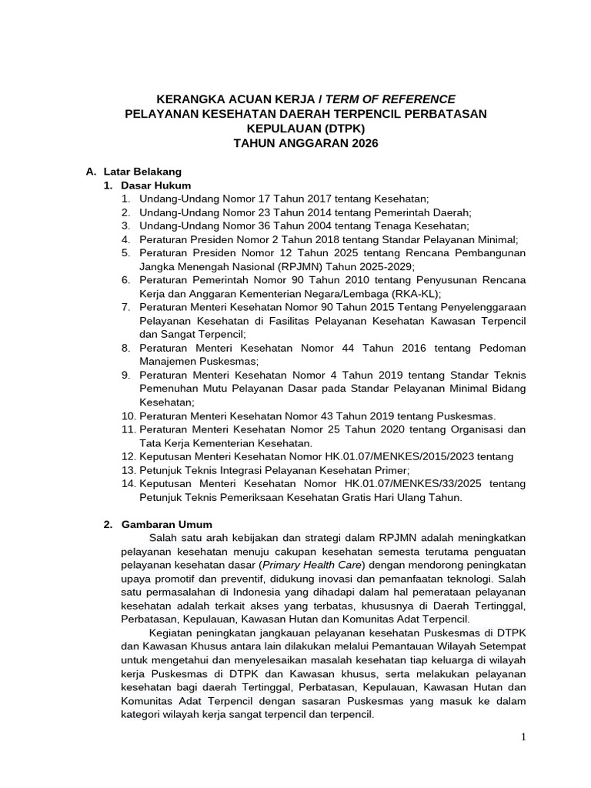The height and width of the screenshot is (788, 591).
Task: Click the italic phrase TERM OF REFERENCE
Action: click(391, 99)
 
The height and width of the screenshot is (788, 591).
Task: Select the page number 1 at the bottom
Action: click(523, 737)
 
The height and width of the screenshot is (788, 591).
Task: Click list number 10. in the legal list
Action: click(128, 416)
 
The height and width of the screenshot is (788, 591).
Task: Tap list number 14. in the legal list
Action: click(128, 483)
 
